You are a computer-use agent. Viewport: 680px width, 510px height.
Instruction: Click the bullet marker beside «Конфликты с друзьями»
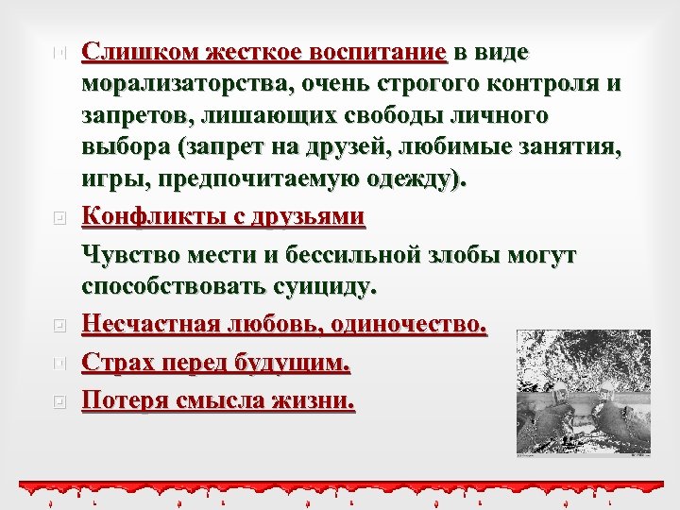[59, 217]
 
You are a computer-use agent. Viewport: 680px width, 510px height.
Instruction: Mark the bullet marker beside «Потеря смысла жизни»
[59, 400]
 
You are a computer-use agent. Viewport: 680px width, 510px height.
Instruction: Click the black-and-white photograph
[583, 390]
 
